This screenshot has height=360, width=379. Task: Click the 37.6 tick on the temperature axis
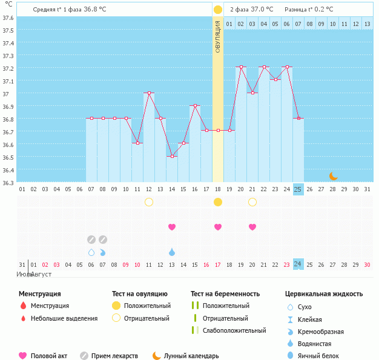click(8, 18)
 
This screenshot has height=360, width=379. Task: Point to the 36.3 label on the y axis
click(8, 182)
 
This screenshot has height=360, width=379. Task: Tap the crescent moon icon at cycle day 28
click(334, 175)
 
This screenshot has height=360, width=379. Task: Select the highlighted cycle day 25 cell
click(298, 189)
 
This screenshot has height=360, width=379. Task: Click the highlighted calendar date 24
click(298, 264)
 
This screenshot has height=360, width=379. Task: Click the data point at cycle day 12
click(149, 93)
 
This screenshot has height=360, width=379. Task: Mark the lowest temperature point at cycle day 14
click(172, 156)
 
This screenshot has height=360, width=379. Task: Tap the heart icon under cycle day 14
click(172, 227)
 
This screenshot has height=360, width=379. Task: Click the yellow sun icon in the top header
click(218, 10)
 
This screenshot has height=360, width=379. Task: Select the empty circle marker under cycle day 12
click(149, 201)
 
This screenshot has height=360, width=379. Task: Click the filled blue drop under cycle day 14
click(172, 252)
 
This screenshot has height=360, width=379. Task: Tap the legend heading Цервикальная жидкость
click(324, 293)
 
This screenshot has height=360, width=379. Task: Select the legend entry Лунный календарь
click(192, 356)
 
